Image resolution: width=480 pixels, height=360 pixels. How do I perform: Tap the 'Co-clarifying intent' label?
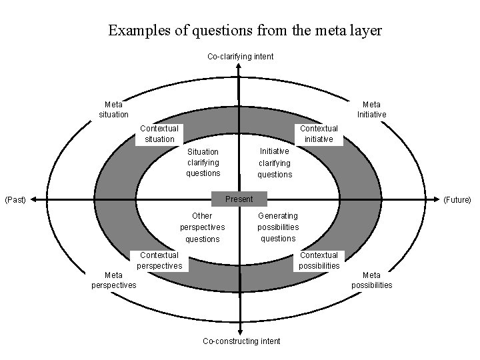click(240, 57)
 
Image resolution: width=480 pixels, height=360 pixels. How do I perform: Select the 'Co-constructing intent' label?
click(241, 341)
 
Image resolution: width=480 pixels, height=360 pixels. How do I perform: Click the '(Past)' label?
click(15, 199)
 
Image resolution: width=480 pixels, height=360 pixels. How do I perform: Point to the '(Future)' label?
click(457, 199)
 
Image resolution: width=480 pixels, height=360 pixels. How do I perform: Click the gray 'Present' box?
click(239, 199)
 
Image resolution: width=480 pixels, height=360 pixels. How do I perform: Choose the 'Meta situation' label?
click(113, 109)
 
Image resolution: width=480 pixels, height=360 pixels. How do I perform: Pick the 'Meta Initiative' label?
click(371, 109)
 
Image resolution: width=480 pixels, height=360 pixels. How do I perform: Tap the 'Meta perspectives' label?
click(113, 280)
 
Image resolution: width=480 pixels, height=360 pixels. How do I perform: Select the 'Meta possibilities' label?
click(371, 280)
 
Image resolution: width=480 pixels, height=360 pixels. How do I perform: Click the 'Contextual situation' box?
click(159, 133)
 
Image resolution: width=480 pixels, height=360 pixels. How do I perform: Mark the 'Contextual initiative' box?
click(319, 133)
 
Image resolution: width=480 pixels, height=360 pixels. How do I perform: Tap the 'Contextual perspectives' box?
click(159, 260)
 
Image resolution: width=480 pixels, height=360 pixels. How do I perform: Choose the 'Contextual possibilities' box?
click(319, 260)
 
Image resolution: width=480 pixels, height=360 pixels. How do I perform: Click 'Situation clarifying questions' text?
click(203, 162)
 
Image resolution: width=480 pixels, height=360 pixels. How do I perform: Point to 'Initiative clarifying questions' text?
click(275, 163)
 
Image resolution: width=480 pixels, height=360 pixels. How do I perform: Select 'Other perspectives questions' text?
click(202, 227)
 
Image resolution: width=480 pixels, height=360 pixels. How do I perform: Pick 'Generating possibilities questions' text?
click(278, 227)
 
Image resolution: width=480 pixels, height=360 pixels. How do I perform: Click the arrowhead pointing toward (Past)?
click(33, 199)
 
